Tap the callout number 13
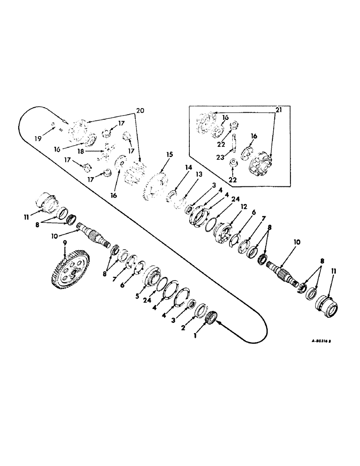pyautogui.click(x=186, y=173)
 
